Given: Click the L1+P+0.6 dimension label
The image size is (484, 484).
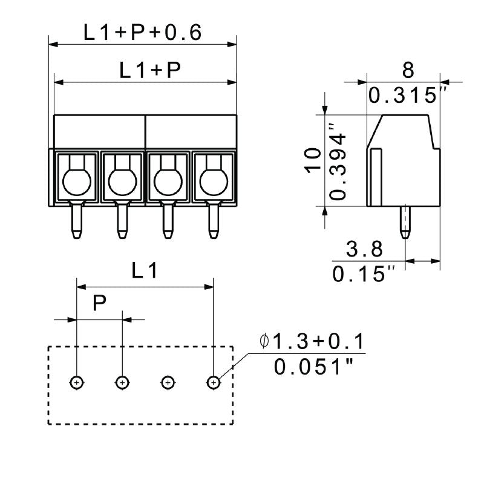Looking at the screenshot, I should pyautogui.click(x=142, y=33).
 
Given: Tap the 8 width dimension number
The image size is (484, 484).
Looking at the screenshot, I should pyautogui.click(x=408, y=70).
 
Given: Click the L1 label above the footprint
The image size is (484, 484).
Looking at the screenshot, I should pyautogui.click(x=145, y=272).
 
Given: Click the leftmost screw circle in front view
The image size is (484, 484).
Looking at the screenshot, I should pyautogui.click(x=77, y=180).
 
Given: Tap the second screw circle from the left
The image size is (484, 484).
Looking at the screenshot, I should pyautogui.click(x=122, y=180).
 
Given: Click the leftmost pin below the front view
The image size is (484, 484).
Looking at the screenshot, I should pyautogui.click(x=76, y=221).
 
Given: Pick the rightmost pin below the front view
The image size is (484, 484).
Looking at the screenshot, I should pyautogui.click(x=213, y=221).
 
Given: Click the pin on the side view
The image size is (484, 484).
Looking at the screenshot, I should pyautogui.click(x=404, y=221).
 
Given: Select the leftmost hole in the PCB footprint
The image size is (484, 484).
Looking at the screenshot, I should pyautogui.click(x=77, y=382).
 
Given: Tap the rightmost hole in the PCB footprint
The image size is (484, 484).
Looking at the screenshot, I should pyautogui.click(x=213, y=382).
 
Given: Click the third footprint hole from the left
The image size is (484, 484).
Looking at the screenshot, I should pyautogui.click(x=168, y=382).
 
